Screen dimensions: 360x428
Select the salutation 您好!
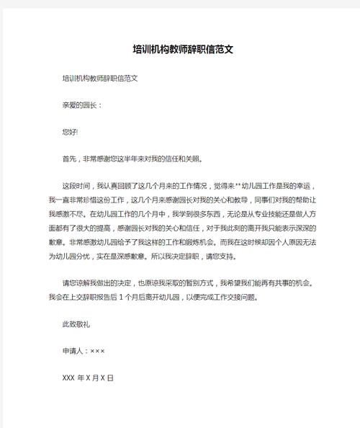click(70, 132)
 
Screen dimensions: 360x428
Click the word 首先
click(70, 159)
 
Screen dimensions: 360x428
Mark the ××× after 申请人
click(98, 351)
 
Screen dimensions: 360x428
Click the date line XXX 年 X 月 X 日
click(89, 378)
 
